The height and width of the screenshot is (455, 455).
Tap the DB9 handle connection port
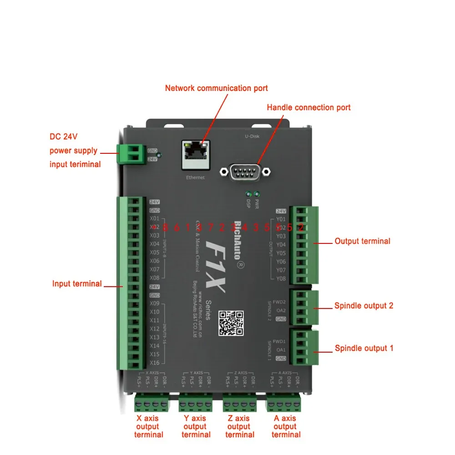(245, 172)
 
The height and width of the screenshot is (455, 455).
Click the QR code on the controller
(231, 323)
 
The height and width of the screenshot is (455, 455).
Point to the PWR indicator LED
(257, 193)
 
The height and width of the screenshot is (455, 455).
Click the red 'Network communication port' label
(216, 88)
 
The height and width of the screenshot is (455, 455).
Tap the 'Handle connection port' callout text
(308, 108)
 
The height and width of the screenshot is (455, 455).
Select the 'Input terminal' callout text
(77, 284)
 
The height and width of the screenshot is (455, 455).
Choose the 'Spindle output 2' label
(364, 306)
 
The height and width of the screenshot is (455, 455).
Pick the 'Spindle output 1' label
(364, 349)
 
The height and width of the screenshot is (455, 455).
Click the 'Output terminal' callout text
(362, 241)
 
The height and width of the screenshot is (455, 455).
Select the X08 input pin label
(155, 278)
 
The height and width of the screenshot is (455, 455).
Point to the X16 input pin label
(155, 363)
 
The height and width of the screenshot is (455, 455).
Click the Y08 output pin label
(281, 278)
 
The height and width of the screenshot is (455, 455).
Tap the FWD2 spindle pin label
(279, 302)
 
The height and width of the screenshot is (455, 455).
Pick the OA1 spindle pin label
(281, 350)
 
